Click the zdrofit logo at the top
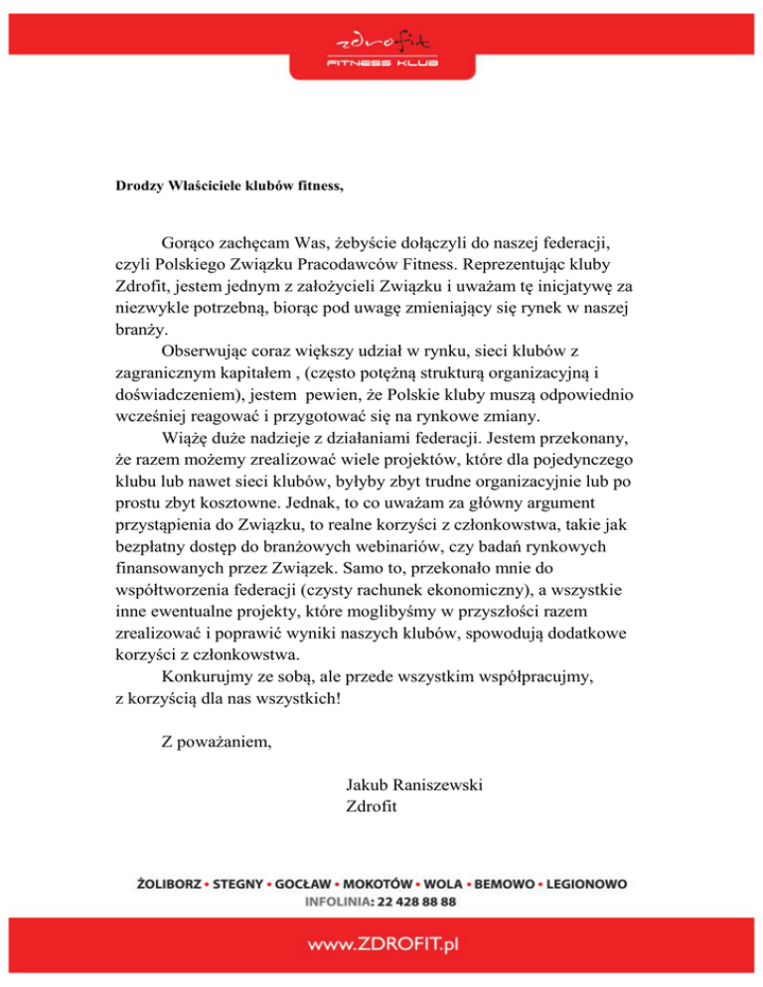pos(381,42)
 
